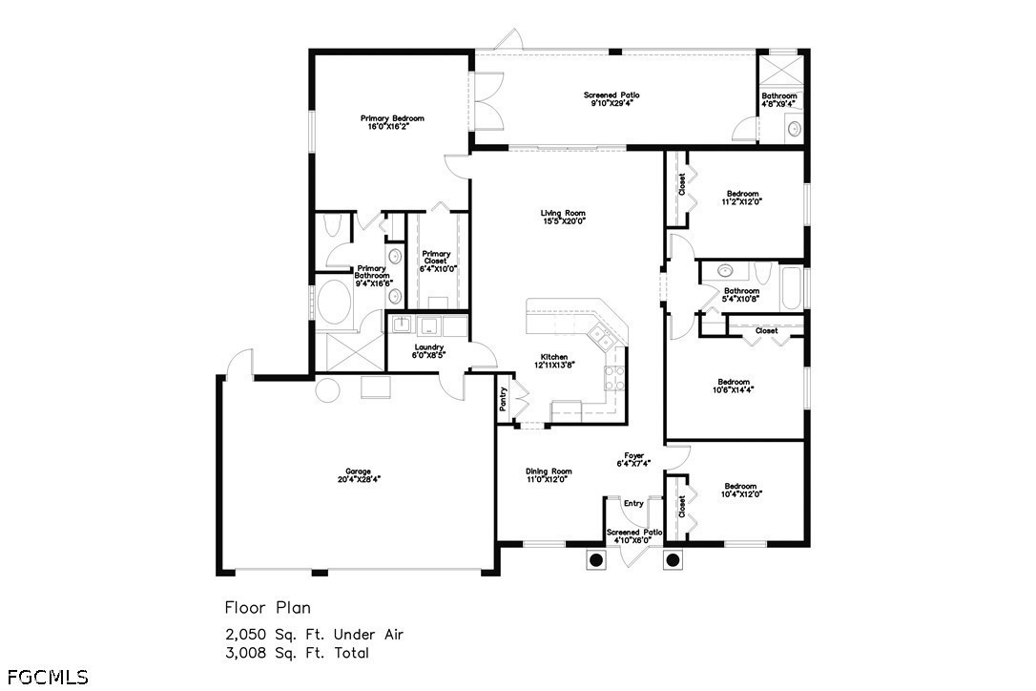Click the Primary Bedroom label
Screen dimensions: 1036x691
pos(392,118)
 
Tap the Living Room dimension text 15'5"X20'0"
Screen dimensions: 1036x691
pos(564,221)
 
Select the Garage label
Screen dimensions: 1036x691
pos(359,471)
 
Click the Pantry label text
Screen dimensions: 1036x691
pos(504,399)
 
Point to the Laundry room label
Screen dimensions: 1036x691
pos(428,347)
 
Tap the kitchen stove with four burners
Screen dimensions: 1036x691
pos(614,378)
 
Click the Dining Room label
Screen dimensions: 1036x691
pos(549,471)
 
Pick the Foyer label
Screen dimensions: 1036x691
pos(633,455)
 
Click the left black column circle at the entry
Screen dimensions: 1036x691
pos(596,560)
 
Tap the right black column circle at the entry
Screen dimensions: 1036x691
pos(673,560)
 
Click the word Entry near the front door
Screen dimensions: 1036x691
pos(633,503)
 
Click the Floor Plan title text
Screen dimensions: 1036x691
pos(268,607)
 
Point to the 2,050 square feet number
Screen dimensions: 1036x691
pos(246,635)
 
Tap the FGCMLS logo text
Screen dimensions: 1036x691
pos(47,677)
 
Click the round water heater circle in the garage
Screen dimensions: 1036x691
pos(327,390)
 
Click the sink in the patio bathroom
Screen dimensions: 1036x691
pos(795,128)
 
